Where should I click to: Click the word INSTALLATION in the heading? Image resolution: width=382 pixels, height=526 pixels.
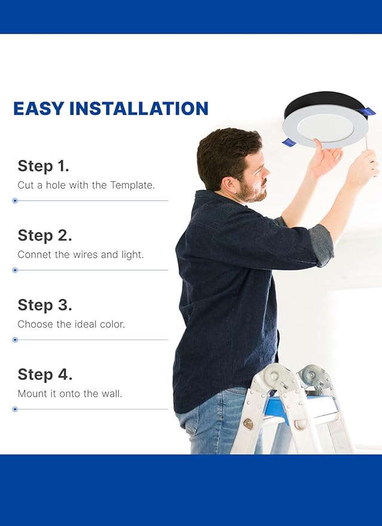tap(139, 108)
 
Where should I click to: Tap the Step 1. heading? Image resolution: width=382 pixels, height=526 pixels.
tap(43, 166)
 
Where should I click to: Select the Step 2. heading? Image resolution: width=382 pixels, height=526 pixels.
tap(45, 235)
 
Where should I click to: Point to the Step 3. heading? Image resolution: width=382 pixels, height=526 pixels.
tap(45, 305)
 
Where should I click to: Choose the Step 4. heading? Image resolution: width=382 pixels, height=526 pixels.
tap(45, 375)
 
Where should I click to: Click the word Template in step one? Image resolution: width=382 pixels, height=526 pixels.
tap(131, 186)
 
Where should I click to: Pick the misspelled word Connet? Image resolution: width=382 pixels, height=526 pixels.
tap(34, 255)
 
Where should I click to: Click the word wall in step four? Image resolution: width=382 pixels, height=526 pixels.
tap(111, 394)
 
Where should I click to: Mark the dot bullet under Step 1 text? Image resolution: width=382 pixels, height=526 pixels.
tap(15, 200)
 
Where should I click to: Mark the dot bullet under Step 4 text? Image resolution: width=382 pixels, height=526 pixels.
tap(15, 409)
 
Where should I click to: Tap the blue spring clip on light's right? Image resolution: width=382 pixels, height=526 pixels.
tap(368, 111)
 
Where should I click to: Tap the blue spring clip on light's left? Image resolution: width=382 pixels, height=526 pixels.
tap(289, 142)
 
